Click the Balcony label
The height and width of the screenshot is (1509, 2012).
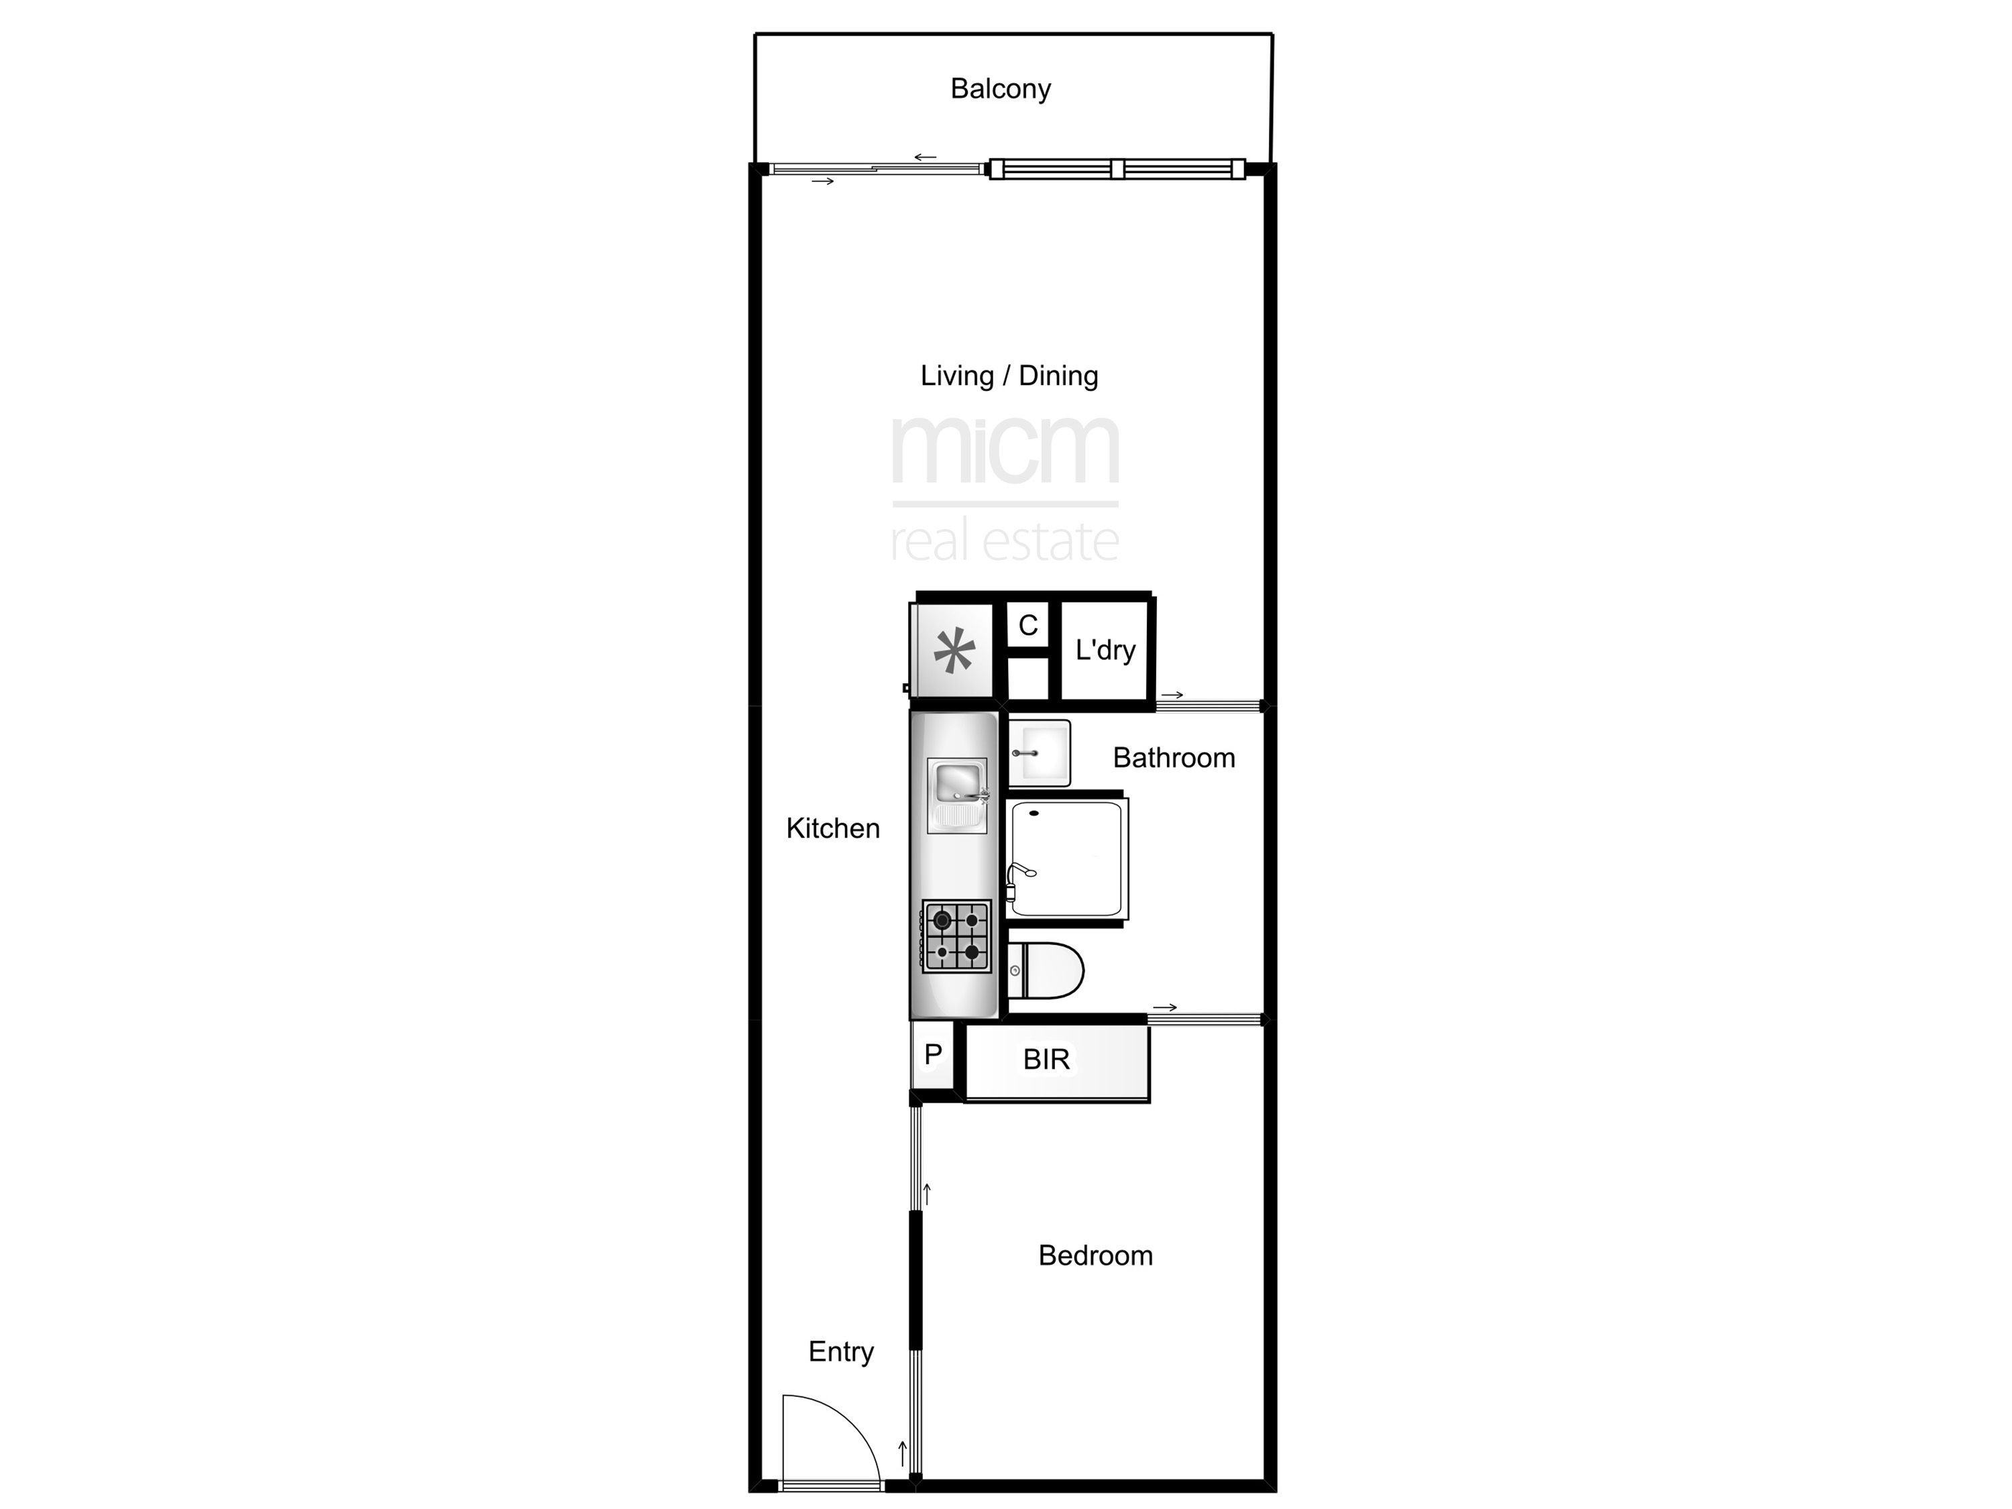click(x=1001, y=89)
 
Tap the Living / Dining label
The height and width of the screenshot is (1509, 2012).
click(x=1009, y=376)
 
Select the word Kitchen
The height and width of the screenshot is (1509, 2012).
click(x=833, y=829)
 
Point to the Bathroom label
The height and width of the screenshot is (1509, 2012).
click(x=1174, y=758)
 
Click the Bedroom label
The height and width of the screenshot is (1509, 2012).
click(x=1095, y=1255)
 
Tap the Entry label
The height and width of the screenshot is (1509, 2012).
click(x=842, y=1351)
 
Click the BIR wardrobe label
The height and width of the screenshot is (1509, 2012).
click(x=1046, y=1059)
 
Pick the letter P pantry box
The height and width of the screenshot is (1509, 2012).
click(x=932, y=1055)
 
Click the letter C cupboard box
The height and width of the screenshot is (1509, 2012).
click(x=1028, y=625)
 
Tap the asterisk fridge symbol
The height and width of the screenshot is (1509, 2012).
click(x=954, y=651)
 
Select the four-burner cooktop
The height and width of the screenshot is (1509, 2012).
click(x=956, y=937)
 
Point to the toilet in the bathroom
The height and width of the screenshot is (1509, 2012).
click(x=1046, y=970)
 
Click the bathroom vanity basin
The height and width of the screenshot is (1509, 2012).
click(x=1039, y=753)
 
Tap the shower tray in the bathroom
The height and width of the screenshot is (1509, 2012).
click(x=1066, y=858)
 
